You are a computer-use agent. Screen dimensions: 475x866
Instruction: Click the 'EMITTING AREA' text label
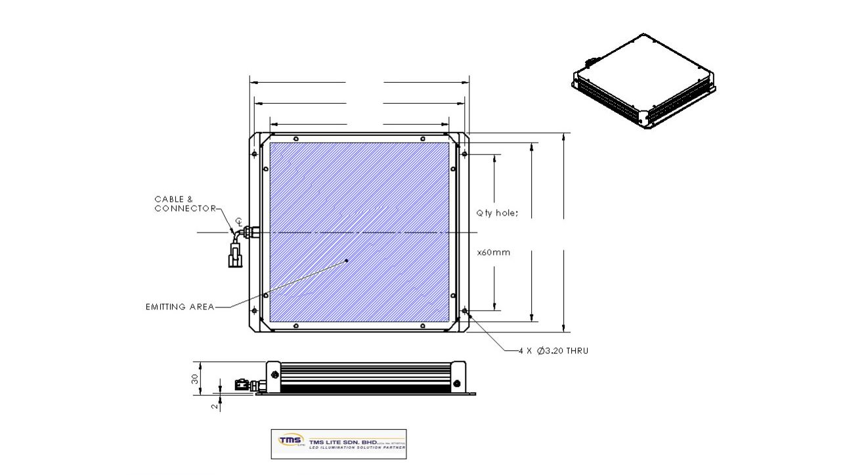[179, 307]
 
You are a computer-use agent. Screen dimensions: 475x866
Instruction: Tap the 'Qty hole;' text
[497, 213]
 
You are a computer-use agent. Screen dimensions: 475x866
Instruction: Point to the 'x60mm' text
[493, 252]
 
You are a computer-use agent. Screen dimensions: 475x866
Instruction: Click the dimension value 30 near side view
[195, 378]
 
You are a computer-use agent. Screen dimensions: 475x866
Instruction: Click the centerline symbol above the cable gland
[239, 221]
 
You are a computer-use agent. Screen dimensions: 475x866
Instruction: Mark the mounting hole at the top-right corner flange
[464, 154]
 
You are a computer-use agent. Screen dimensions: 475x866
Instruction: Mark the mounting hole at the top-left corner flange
[255, 154]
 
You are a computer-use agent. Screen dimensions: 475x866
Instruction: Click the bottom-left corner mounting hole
[255, 311]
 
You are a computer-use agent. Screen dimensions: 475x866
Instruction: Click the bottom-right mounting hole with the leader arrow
[464, 311]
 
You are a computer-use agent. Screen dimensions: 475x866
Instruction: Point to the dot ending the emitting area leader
[347, 260]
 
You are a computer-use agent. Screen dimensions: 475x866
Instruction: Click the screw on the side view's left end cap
[274, 375]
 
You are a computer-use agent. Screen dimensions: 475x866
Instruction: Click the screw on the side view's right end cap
[457, 382]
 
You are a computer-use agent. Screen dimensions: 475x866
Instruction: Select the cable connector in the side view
[243, 384]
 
